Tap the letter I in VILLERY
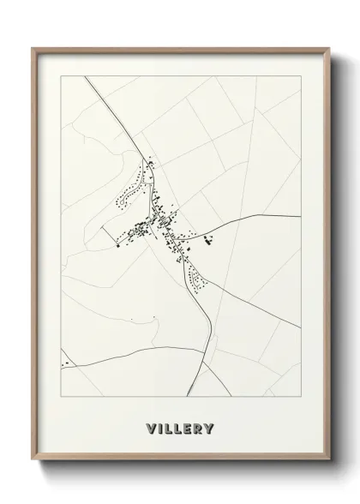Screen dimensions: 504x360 160,428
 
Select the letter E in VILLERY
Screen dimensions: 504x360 187,428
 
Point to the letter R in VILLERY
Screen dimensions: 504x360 199,428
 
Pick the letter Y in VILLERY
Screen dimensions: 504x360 211,428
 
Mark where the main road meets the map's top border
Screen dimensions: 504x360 85,77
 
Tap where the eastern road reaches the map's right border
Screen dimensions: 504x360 299,215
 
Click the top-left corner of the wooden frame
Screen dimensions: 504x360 33,48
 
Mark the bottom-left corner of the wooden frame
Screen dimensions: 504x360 33,459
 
